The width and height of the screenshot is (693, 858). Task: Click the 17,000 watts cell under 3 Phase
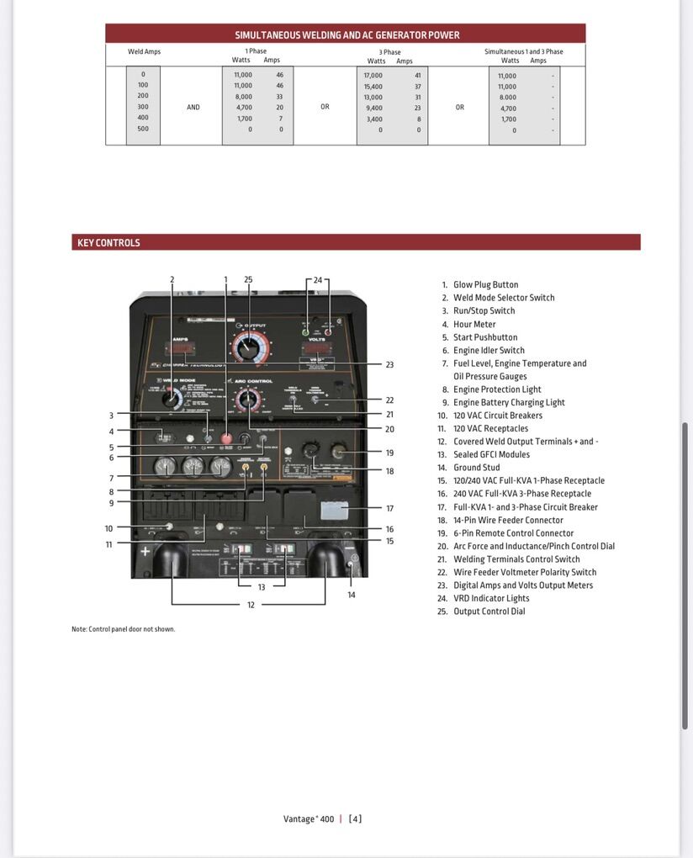point(373,76)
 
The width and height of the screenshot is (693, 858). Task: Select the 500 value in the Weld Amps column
point(143,129)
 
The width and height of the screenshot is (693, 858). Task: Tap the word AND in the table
point(193,108)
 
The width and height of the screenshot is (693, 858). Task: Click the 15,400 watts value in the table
point(373,87)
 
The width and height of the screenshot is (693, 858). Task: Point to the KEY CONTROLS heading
point(108,243)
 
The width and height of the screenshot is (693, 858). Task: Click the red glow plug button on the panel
point(226,438)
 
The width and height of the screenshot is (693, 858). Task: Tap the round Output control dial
point(248,345)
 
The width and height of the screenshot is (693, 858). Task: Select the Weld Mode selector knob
point(172,400)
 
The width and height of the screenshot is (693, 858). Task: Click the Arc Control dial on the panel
point(247,400)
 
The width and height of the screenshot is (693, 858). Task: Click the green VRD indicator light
point(307,332)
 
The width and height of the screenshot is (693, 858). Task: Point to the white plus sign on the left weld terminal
point(145,552)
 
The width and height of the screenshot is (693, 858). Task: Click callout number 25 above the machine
point(248,279)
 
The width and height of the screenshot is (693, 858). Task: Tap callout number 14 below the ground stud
point(352,595)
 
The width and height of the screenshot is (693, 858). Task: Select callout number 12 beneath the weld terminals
point(251,605)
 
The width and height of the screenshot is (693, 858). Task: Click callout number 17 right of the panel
point(389,508)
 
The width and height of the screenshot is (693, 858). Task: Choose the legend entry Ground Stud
point(476,468)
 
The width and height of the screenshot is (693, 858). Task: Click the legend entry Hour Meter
point(474,325)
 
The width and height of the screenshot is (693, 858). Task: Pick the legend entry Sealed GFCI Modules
point(491,455)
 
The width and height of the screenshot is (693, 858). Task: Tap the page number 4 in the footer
point(356,819)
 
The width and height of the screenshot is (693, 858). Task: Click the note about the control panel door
point(124,629)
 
